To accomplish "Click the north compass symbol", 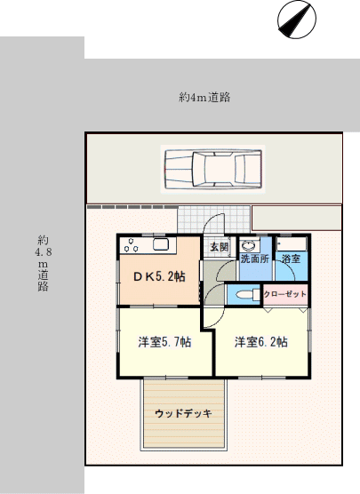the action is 297,20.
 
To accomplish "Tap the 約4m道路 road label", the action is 204,98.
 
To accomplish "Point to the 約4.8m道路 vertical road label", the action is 44,263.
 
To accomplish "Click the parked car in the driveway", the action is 213,169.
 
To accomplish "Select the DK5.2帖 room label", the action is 159,276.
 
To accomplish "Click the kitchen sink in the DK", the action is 161,245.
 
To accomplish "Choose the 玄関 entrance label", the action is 219,247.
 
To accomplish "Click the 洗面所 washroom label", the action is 255,259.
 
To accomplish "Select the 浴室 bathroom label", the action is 291,259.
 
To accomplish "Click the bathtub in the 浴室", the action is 292,243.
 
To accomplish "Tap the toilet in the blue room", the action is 247,295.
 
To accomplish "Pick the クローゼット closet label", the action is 285,294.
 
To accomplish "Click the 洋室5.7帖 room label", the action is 164,342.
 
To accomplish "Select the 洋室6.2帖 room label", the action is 261,342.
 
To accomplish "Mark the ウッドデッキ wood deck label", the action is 183,413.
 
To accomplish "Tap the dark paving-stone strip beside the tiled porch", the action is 132,207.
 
